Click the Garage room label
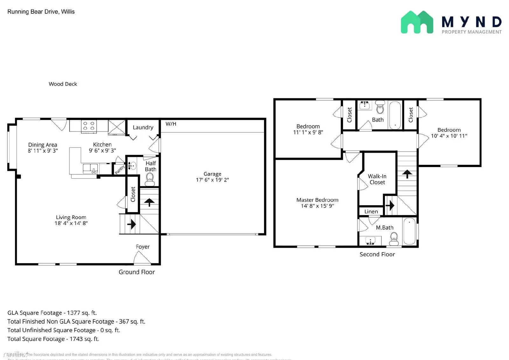pyautogui.click(x=212, y=174)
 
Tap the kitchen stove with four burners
pyautogui.click(x=89, y=126)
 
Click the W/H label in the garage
pyautogui.click(x=171, y=124)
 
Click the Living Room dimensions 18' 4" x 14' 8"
pyautogui.click(x=71, y=223)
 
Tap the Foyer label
pyautogui.click(x=143, y=247)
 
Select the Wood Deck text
pyautogui.click(x=63, y=84)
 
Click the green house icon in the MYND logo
pyautogui.click(x=417, y=22)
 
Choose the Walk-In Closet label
pyautogui.click(x=377, y=179)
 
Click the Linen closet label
pyautogui.click(x=371, y=212)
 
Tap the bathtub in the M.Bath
pyautogui.click(x=409, y=231)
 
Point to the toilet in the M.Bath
pyautogui.click(x=394, y=239)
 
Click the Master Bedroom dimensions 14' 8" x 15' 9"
pyautogui.click(x=317, y=206)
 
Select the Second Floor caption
pyautogui.click(x=377, y=254)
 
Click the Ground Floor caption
pyautogui.click(x=136, y=272)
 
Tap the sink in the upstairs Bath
pyautogui.click(x=365, y=105)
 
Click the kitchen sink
pyautogui.click(x=90, y=168)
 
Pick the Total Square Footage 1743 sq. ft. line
pyautogui.click(x=53, y=339)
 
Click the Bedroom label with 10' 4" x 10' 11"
pyautogui.click(x=449, y=130)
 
